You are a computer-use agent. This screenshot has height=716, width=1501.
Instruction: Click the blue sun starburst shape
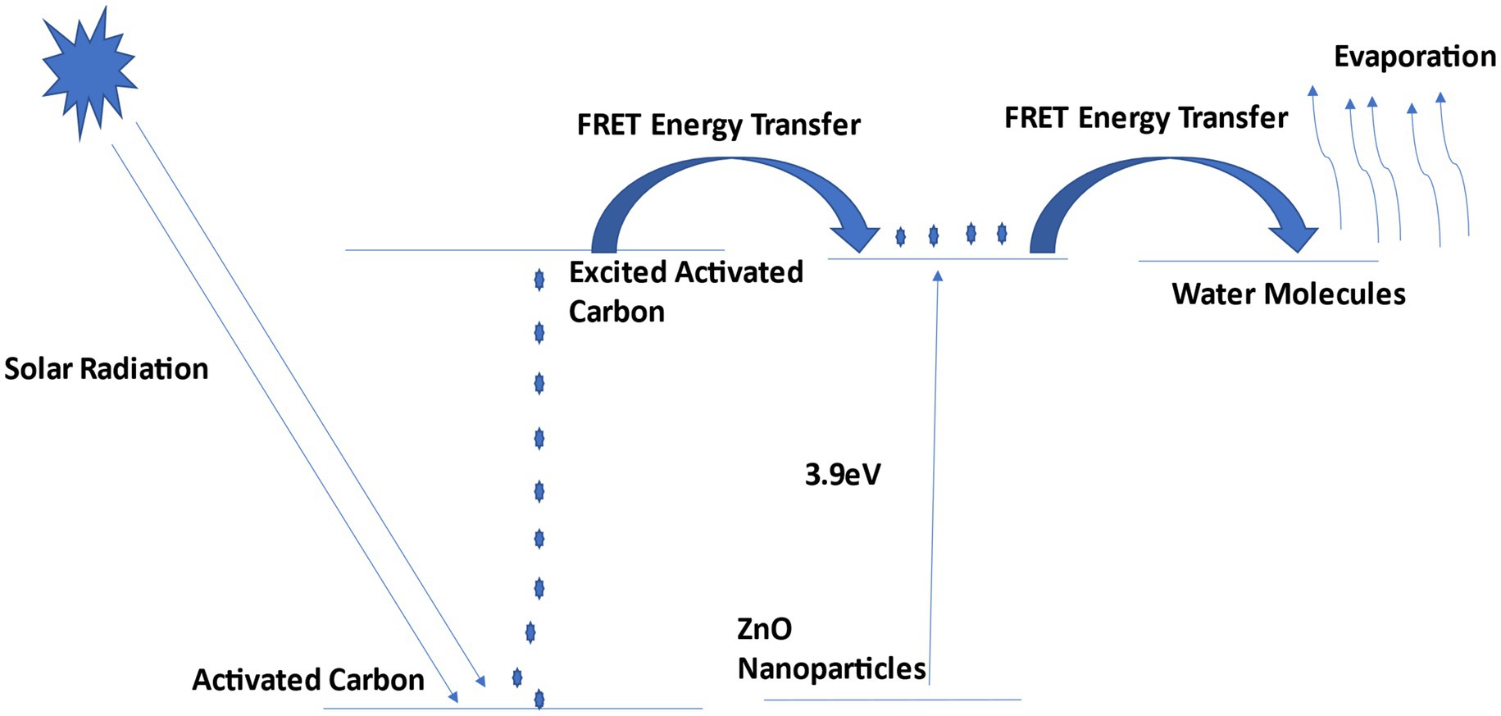(x=88, y=70)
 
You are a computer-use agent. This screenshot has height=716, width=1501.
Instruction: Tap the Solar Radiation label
(x=107, y=369)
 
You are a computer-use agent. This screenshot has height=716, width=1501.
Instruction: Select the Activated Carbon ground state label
(x=308, y=680)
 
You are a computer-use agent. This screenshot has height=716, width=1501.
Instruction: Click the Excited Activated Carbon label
(x=685, y=291)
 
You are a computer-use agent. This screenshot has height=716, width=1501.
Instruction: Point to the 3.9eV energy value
(x=843, y=475)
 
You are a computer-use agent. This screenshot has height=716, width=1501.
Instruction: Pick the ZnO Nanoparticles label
(x=831, y=649)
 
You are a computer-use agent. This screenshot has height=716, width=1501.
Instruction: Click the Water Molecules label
(x=1289, y=294)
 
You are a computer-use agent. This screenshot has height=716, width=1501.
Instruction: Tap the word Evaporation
(x=1415, y=57)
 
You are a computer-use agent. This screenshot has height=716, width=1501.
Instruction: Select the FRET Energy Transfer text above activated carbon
(x=718, y=125)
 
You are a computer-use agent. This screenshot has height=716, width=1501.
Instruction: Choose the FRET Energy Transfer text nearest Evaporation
(x=1146, y=118)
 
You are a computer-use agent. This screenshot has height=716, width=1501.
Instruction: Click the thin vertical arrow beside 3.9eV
(x=935, y=476)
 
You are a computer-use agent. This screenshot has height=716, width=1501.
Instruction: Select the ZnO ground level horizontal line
(x=892, y=700)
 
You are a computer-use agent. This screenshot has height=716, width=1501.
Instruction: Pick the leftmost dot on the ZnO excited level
(x=900, y=237)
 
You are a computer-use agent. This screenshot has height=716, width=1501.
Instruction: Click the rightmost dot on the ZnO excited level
(x=1002, y=234)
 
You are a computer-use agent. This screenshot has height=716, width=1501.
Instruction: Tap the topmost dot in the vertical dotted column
(x=539, y=280)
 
